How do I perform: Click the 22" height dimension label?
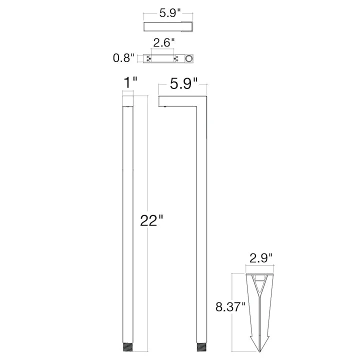tap(151, 220)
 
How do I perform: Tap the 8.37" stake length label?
tap(230, 306)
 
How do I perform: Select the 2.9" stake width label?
tap(261, 258)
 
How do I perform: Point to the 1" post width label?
tap(130, 82)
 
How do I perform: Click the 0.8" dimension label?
tap(123, 58)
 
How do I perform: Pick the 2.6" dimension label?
tap(164, 42)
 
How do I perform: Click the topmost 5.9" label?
tap(170, 13)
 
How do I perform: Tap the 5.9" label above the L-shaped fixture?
tap(183, 83)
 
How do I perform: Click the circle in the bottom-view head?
tap(188, 58)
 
